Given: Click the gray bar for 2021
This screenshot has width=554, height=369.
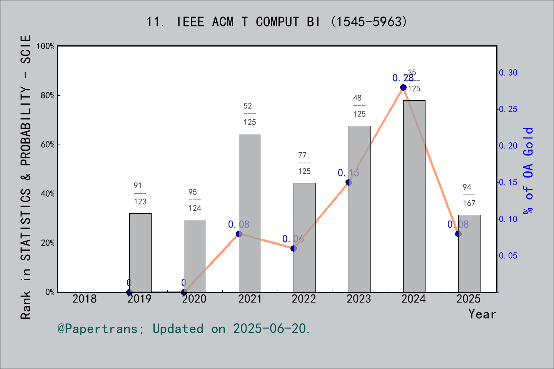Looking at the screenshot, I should pos(250,213).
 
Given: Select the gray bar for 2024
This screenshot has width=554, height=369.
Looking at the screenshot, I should pos(414,196).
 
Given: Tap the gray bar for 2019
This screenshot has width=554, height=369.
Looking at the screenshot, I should pos(140,253).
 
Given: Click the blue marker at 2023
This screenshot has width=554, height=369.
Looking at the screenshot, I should pos(349,182).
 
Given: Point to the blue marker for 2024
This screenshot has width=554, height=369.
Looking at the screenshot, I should pos(403,88).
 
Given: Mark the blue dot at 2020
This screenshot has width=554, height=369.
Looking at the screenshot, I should pos(184,292).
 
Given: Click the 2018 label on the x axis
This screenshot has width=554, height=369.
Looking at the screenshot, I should pos(85,299).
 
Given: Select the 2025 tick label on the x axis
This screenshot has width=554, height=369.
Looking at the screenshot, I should pos(469,299).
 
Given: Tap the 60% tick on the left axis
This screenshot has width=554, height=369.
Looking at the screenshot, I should pos(48,145).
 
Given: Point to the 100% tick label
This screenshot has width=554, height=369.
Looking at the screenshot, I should pos(46,46).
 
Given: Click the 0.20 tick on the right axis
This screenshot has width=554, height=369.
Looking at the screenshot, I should pos(508,146).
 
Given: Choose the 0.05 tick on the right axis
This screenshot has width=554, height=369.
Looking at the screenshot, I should pos(508,256).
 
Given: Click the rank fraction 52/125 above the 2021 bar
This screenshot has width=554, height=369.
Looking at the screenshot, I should pos(249,114).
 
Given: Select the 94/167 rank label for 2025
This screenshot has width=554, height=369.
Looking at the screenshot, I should pos(469,195).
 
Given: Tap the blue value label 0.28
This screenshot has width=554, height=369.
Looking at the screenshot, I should pos(402,78).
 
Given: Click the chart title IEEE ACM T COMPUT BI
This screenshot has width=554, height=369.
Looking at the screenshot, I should pos(277,22).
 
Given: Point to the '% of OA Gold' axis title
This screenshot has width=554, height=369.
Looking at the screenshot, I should pos(528,171).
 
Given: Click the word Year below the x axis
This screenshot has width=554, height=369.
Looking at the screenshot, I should pos(482,314).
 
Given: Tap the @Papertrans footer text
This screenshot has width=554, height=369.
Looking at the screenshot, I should pos(184,329).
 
